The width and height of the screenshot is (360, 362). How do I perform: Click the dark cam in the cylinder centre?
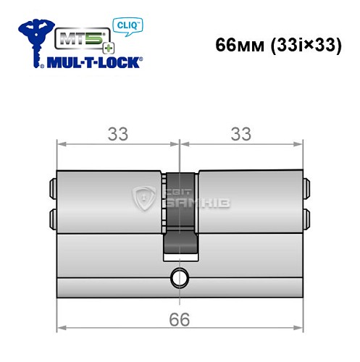tap(178, 217)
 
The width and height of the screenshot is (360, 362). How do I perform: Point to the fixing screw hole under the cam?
tap(178, 277)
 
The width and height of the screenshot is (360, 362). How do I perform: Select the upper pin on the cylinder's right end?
tap(307, 189)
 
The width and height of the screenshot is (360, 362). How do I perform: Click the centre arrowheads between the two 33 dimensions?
tap(178, 144)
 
